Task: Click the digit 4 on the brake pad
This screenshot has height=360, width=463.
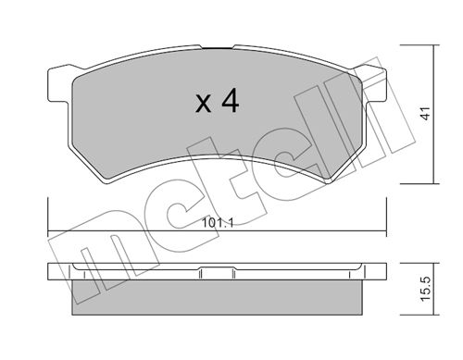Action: (231, 101)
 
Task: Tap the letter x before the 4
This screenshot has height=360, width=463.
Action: (204, 104)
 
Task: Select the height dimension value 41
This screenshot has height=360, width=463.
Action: (426, 113)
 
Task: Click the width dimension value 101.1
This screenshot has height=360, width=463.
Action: (218, 222)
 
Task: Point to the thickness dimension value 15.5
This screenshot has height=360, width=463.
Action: (426, 289)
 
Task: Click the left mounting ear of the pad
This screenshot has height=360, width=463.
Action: (58, 84)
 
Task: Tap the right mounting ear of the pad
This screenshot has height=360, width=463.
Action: (374, 84)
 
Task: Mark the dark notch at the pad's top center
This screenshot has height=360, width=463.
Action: (217, 48)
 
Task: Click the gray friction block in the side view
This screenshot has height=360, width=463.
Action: (217, 297)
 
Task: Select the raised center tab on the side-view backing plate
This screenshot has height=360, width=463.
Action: (217, 267)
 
